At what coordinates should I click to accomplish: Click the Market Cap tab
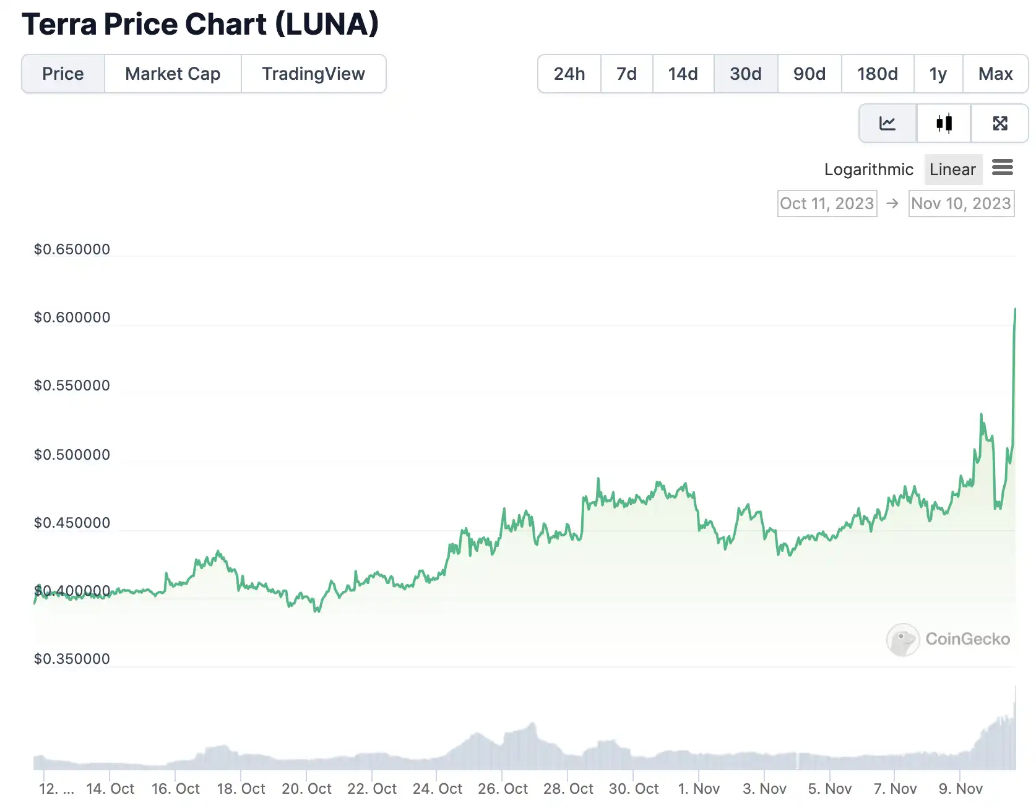pyautogui.click(x=173, y=74)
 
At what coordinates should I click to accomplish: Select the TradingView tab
pyautogui.click(x=313, y=74)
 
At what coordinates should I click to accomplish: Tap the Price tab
pyautogui.click(x=63, y=74)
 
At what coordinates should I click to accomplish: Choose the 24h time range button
pyautogui.click(x=569, y=74)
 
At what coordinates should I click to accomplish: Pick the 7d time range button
pyautogui.click(x=626, y=74)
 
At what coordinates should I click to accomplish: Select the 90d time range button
pyautogui.click(x=809, y=74)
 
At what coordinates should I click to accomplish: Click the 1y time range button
pyautogui.click(x=938, y=74)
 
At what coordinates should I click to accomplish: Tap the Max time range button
pyautogui.click(x=995, y=74)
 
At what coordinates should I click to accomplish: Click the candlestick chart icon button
pyautogui.click(x=944, y=123)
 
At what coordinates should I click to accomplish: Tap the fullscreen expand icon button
pyautogui.click(x=1000, y=123)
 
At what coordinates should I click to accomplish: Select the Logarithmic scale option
pyautogui.click(x=868, y=170)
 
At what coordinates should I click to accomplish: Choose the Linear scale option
pyautogui.click(x=952, y=170)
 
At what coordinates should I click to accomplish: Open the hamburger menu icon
pyautogui.click(x=1003, y=167)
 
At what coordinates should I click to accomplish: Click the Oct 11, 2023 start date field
pyautogui.click(x=827, y=204)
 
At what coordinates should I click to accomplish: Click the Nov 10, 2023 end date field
pyautogui.click(x=961, y=204)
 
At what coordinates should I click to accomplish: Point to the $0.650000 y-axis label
pyautogui.click(x=72, y=249)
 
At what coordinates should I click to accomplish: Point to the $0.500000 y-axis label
pyautogui.click(x=72, y=455)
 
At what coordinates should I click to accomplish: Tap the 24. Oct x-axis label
pyautogui.click(x=437, y=789)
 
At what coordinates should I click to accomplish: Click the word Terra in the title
pyautogui.click(x=59, y=25)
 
